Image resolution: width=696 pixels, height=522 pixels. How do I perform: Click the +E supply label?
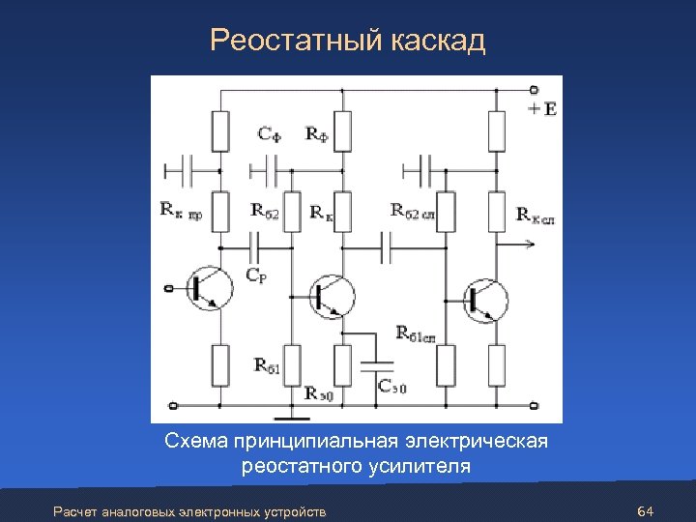click(542, 109)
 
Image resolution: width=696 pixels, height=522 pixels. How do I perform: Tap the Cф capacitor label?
click(270, 134)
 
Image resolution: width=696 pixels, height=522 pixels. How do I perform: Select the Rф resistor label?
click(317, 134)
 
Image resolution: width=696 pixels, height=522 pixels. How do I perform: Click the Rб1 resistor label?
click(268, 364)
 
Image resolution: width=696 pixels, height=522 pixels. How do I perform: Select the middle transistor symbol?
click(332, 295)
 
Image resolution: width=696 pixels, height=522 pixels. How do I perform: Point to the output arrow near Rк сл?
click(522, 246)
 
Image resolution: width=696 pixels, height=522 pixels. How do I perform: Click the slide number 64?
click(647, 509)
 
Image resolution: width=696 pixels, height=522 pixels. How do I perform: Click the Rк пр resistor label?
click(182, 210)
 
